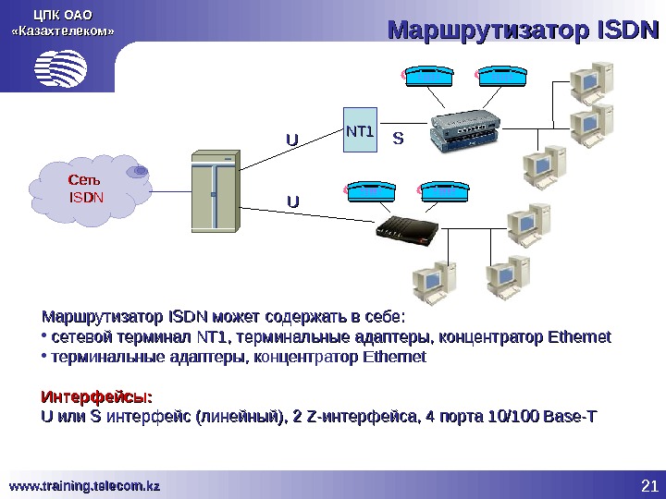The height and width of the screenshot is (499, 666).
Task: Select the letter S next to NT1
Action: [x=399, y=140]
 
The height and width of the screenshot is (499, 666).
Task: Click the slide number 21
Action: [x=647, y=486]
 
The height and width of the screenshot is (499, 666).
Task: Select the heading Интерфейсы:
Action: [x=96, y=397]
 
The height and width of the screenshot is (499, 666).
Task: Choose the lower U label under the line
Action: [x=291, y=200]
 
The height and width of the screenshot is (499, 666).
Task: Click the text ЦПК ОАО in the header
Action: [x=62, y=13]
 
